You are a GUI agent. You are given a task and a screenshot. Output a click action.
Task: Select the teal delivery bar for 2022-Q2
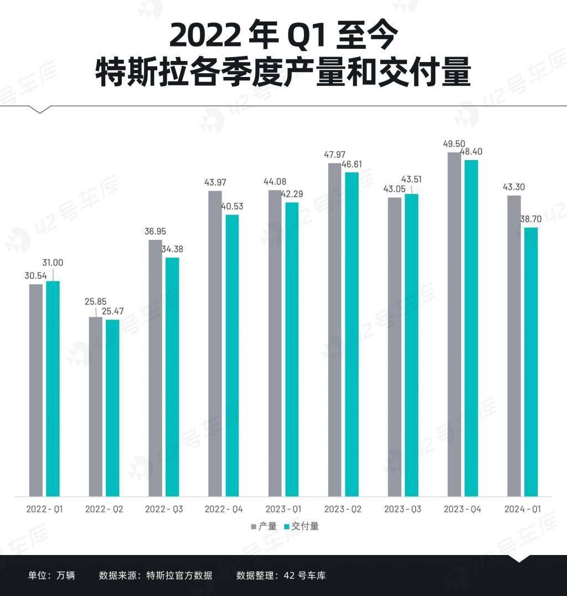(112, 408)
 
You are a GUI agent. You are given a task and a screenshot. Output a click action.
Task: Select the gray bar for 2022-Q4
(215, 343)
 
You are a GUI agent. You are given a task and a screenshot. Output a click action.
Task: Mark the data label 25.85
(95, 302)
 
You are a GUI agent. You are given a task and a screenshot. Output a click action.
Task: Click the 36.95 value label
(155, 232)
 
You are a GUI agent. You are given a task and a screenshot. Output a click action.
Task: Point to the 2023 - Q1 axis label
(283, 509)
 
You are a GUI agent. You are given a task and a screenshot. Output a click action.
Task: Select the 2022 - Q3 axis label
(164, 509)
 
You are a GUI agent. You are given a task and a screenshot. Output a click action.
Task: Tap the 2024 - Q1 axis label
(522, 509)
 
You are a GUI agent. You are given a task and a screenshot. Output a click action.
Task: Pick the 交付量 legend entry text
(305, 526)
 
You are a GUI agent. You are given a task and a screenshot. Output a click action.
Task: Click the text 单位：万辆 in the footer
(51, 576)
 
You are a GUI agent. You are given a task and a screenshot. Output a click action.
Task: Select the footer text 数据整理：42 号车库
(281, 576)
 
